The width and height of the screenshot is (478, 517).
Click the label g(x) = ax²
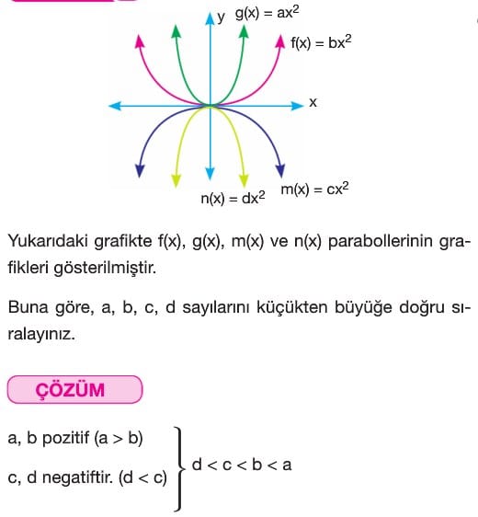267,14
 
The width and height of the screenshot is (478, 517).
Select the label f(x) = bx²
321,42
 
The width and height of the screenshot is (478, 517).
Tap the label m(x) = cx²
314,189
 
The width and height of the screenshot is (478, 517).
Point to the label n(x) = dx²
233,198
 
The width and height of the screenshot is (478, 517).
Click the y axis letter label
221,17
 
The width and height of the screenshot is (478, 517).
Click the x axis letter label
313,102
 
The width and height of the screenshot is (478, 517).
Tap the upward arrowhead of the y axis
210,18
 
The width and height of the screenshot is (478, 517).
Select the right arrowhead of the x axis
297,106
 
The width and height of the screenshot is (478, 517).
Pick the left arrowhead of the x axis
115,106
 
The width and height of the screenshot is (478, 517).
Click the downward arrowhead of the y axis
210,174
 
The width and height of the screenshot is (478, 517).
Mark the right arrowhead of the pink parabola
280,41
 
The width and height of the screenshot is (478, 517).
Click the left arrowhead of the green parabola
176,31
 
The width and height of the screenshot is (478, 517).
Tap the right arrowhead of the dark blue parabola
280,171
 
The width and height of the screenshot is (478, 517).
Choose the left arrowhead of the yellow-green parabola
176,180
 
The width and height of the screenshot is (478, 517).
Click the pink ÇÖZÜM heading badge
74,389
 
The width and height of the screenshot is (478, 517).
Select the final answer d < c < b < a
242,465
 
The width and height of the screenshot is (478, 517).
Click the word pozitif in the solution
65,438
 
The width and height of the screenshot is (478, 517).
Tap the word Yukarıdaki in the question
48,241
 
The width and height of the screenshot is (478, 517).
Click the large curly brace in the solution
180,468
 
